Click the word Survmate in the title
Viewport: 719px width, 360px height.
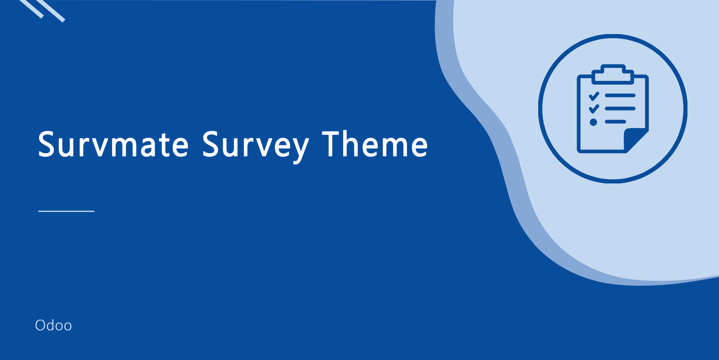[x=113, y=144]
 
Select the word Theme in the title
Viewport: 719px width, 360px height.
[x=375, y=143]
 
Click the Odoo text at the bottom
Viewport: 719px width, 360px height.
[x=53, y=325]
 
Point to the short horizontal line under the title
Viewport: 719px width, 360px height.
[x=66, y=211]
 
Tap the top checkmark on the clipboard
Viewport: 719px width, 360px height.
[x=594, y=96]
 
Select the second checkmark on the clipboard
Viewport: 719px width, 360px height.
[x=594, y=109]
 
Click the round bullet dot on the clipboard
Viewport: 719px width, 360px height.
[x=593, y=122]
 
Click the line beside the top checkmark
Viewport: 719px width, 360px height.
[x=620, y=96]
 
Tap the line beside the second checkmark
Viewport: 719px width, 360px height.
[x=620, y=109]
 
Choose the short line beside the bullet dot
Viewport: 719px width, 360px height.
[x=615, y=122]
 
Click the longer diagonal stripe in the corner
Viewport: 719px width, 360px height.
[x=50, y=10]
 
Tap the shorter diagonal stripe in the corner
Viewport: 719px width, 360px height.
[x=31, y=8]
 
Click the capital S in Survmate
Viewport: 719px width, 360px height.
[x=46, y=144]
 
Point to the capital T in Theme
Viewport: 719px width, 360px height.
[x=332, y=143]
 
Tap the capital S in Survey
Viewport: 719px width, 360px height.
[x=210, y=144]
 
